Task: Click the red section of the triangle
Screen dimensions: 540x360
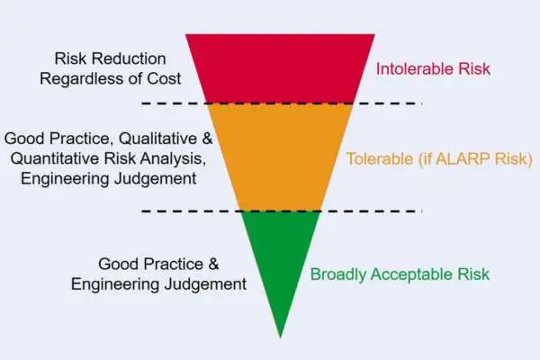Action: coord(280,68)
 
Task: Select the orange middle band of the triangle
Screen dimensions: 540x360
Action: coord(280,157)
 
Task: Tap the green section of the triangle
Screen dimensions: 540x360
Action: coord(280,262)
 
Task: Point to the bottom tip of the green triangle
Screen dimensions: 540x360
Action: coord(280,338)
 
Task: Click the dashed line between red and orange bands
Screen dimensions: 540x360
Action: coord(282,103)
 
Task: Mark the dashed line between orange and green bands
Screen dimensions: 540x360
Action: coord(282,211)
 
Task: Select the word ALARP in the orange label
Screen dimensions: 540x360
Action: coord(463,158)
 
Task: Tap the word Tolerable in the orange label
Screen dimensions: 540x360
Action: coord(379,158)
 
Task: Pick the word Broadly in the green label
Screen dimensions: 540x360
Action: coord(337,274)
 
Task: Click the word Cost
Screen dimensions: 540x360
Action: coord(164,79)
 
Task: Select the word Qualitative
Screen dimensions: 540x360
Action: coord(157,138)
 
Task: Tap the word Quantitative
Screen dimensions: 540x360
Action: coord(55,158)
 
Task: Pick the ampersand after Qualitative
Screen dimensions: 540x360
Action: coord(207,138)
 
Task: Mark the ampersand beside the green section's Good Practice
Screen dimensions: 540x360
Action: coord(213,265)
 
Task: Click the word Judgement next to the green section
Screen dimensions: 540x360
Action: coord(205,284)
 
